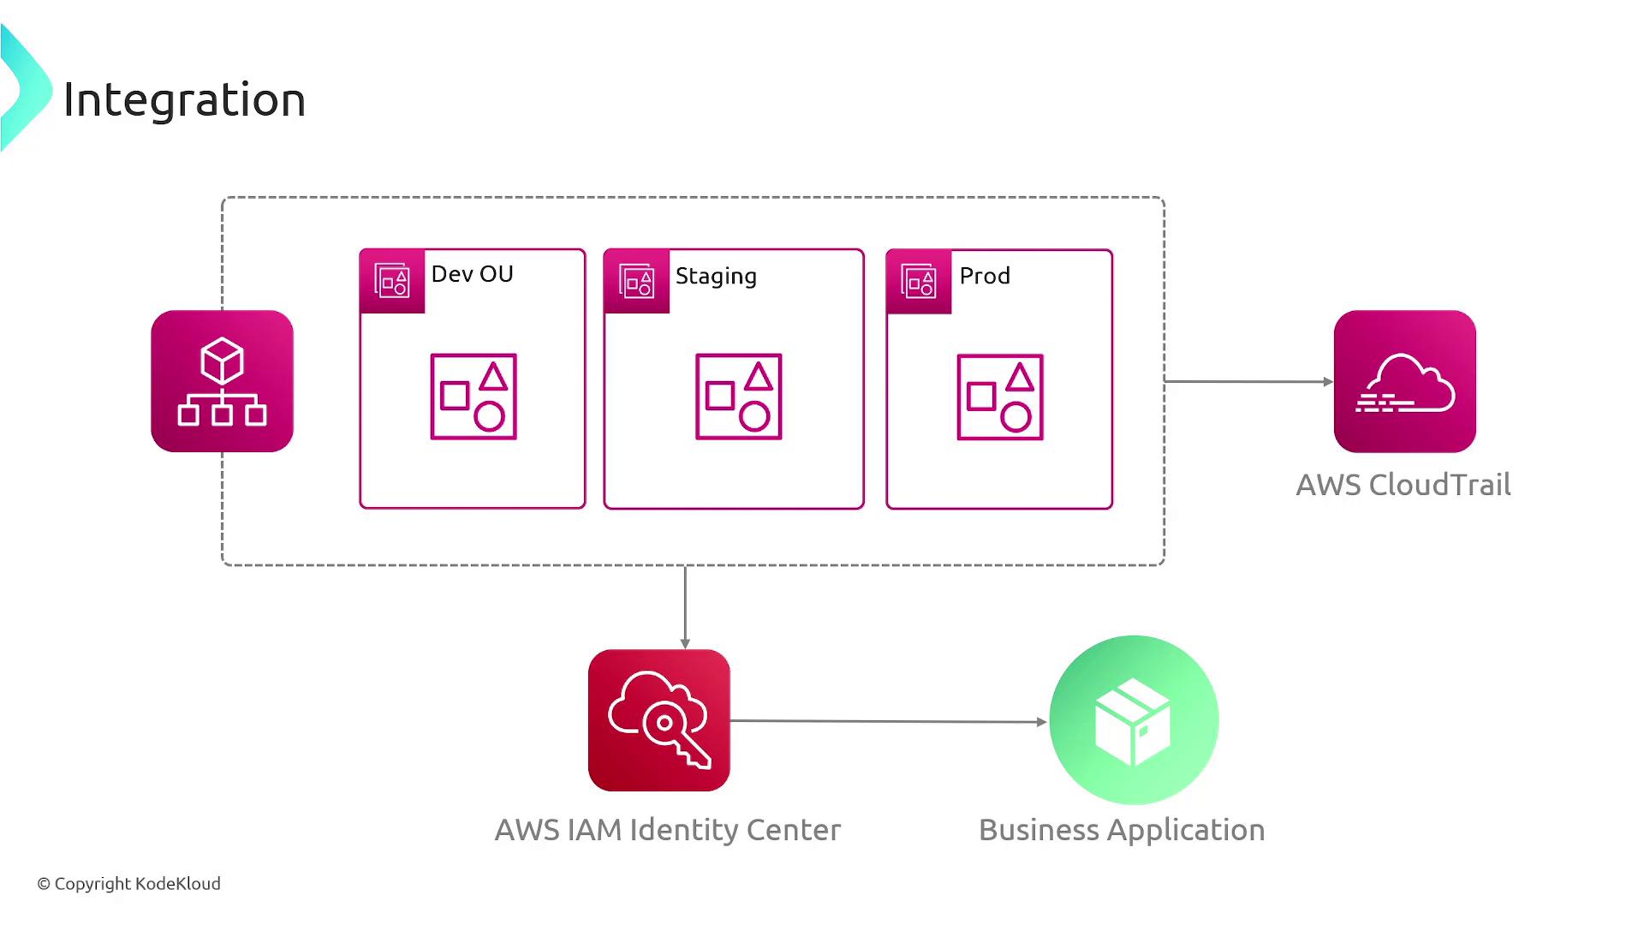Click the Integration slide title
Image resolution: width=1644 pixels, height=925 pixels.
coord(184,99)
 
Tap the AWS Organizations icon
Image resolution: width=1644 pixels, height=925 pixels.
coord(222,381)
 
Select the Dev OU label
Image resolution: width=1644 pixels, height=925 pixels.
coord(472,274)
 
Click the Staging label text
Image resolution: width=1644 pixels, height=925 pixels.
coord(716,276)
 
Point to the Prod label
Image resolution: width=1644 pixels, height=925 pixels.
coord(985,276)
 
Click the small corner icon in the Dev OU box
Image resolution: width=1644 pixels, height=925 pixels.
coord(392,281)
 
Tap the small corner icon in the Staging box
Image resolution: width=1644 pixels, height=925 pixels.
coord(636,281)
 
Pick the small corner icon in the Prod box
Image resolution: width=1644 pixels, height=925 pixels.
coord(919,281)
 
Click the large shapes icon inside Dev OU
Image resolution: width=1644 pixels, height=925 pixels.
coord(474,397)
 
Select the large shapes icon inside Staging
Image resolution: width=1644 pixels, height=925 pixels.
coord(738,397)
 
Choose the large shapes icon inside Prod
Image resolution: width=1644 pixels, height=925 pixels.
coord(1000,397)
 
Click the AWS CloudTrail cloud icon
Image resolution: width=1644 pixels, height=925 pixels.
coord(1404,381)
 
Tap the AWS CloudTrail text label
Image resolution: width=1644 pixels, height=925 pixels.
coord(1403,485)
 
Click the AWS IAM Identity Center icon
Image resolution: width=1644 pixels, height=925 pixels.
coord(658,720)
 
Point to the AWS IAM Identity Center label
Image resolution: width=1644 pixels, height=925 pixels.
coord(668,830)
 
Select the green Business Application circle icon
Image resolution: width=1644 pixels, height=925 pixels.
coord(1134,720)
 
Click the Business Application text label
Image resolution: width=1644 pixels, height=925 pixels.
coord(1121,830)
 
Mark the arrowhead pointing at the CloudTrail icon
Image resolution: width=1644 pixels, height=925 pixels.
coord(1328,382)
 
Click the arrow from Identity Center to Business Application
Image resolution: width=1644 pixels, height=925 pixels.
coord(887,721)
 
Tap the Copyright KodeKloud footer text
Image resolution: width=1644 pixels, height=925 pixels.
coord(128,884)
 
